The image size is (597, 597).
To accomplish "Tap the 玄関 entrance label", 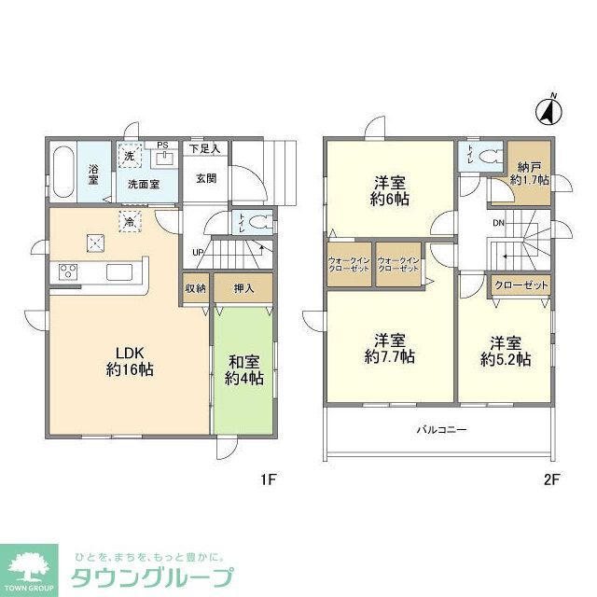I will (x=206, y=177).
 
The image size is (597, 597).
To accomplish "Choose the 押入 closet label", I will (x=243, y=289).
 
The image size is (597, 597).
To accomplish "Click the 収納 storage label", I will (x=194, y=289).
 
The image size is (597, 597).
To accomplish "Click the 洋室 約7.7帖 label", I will (x=389, y=347).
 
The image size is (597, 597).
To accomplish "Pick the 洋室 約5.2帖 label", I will (x=505, y=351).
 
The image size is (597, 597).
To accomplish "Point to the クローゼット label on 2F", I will (x=520, y=285).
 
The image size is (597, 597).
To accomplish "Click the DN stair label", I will (x=499, y=223).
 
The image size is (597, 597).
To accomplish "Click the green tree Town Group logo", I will (x=30, y=565).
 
